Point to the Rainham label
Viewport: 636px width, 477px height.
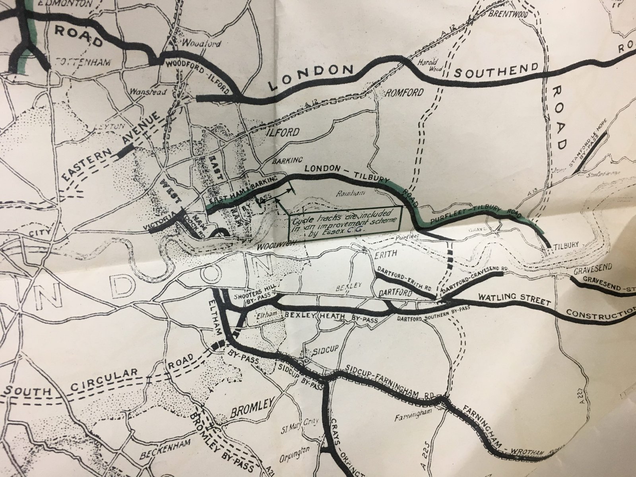345,194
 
